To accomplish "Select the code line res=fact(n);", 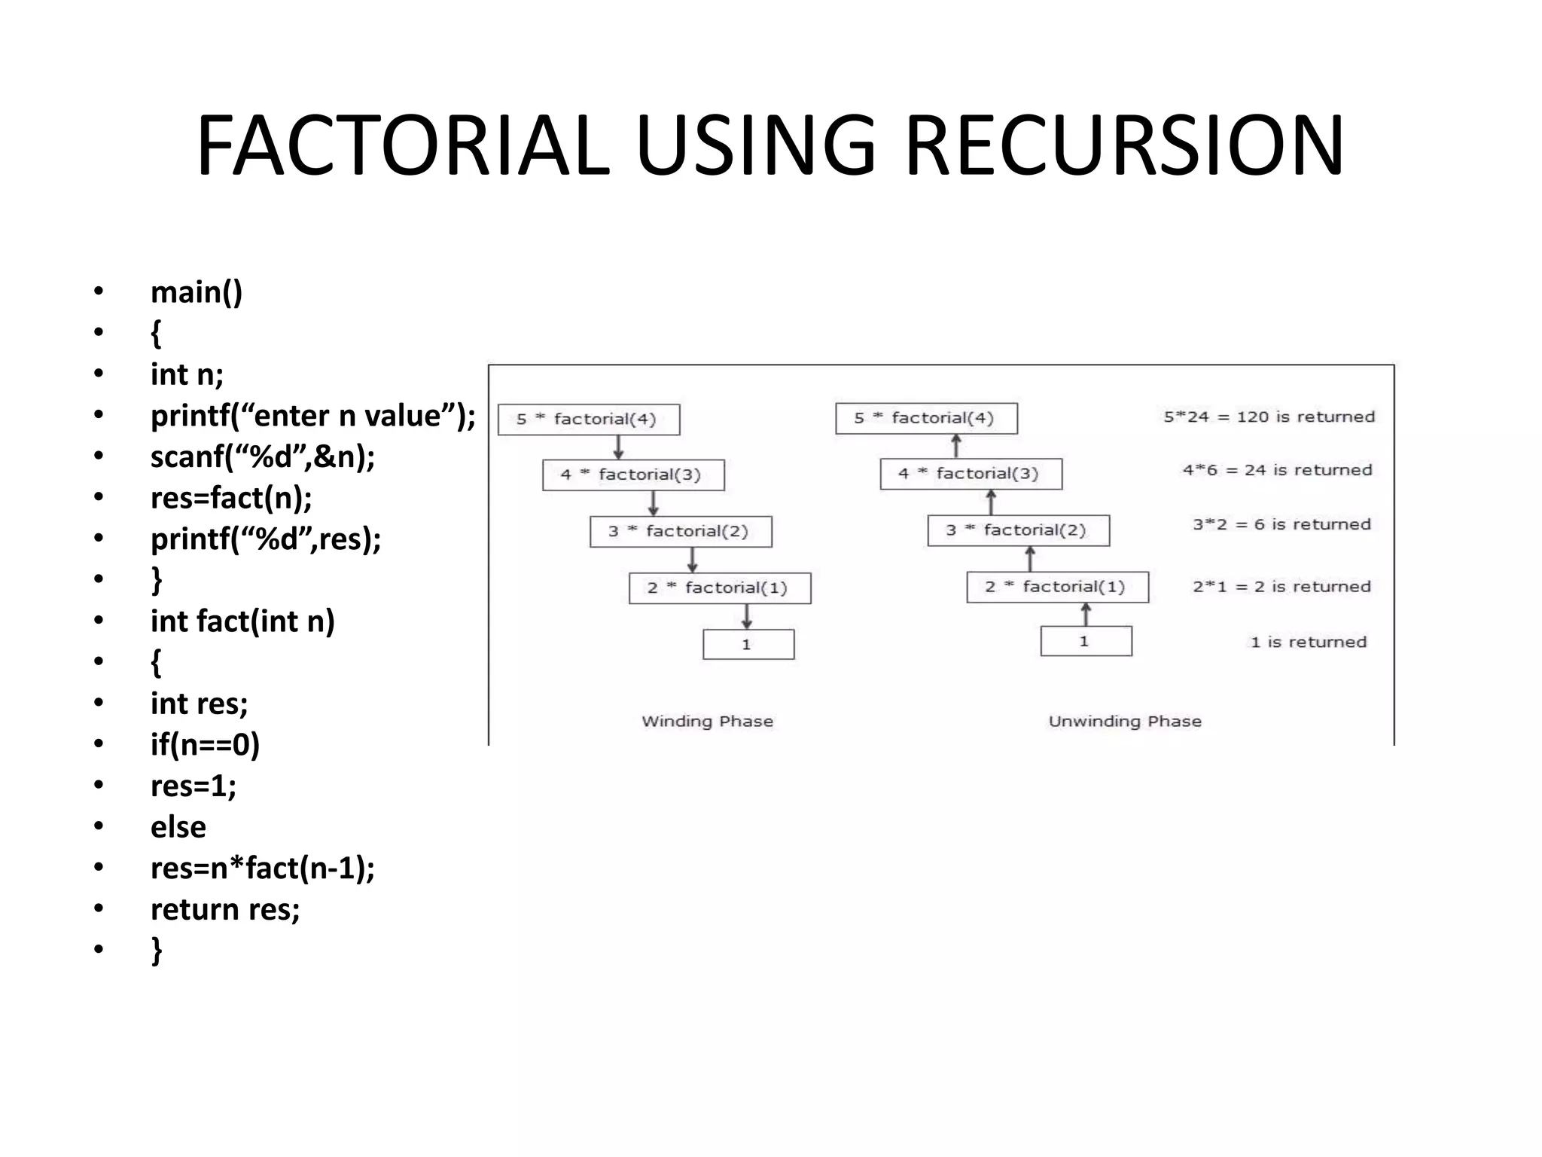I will (231, 498).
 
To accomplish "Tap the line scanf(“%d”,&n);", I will (263, 456).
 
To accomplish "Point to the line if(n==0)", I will (205, 744).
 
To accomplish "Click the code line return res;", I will (225, 909).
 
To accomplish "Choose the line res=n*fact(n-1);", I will (263, 868).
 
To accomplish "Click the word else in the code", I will (178, 827).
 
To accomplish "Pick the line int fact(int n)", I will (242, 621).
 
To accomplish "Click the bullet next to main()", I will (99, 292).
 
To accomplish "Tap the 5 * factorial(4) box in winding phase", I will (588, 420).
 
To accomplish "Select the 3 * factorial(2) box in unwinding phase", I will (1018, 530).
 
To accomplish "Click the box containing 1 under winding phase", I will (748, 645).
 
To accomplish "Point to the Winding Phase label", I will (707, 722).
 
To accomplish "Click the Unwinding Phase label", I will (1125, 722).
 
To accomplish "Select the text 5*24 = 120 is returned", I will (1269, 417).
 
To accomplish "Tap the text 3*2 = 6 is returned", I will (1281, 524).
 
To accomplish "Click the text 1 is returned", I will (1308, 642).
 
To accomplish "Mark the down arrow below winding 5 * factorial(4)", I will (618, 447).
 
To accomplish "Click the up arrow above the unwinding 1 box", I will (1086, 615).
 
